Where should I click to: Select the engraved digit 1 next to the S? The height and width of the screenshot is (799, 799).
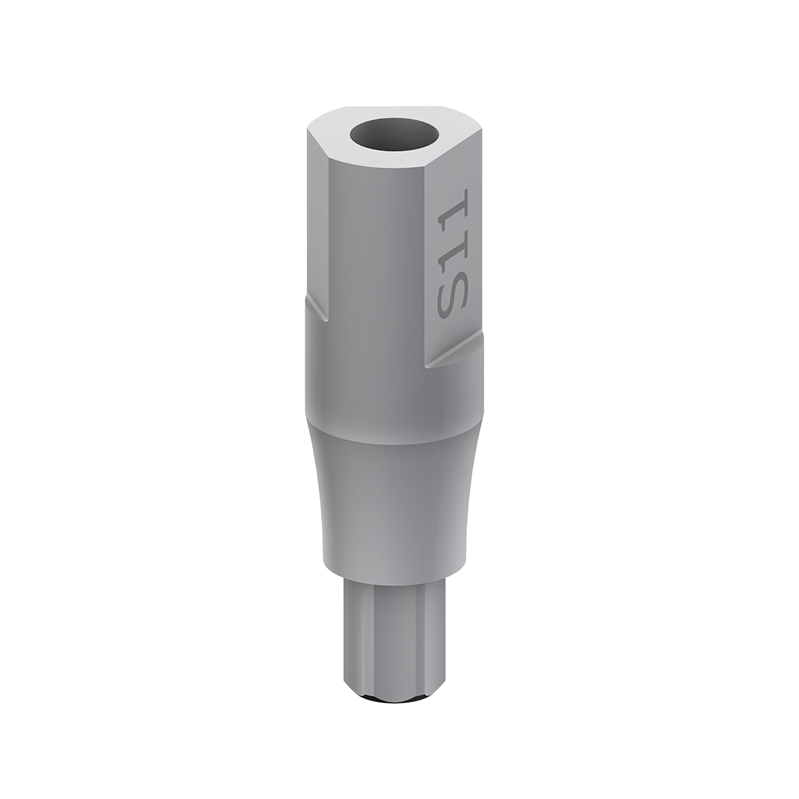pos(452,248)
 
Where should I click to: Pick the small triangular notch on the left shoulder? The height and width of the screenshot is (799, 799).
pos(317,309)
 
